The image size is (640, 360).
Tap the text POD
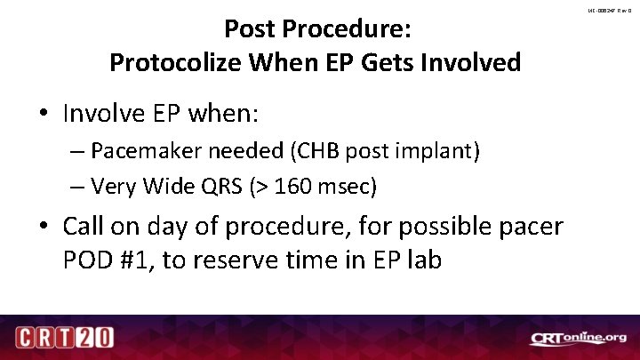click(86, 262)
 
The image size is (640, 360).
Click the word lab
click(423, 262)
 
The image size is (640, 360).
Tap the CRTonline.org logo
click(578, 338)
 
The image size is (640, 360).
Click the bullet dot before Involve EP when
click(45, 115)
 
